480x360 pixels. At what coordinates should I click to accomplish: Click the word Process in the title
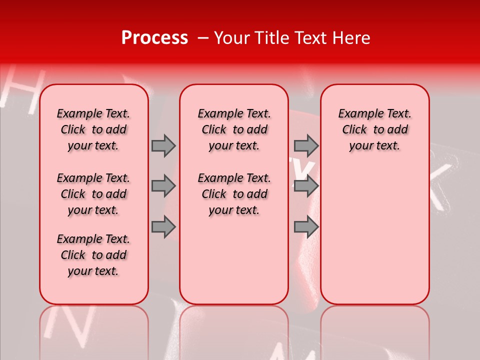(154, 38)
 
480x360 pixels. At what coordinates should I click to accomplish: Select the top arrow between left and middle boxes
(163, 145)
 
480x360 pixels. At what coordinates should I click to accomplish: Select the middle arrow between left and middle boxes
(163, 186)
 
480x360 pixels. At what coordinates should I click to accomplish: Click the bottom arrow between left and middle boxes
(163, 227)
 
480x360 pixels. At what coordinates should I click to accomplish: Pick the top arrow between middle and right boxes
(306, 145)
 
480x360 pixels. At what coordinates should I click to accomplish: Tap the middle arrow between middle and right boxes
(306, 186)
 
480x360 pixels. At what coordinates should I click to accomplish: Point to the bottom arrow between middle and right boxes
(306, 227)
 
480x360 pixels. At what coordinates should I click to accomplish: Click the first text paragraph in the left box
(93, 129)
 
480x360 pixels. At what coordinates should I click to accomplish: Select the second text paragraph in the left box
(93, 194)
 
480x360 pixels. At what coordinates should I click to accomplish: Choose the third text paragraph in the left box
(93, 255)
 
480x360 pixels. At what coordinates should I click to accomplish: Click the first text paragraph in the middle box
(234, 129)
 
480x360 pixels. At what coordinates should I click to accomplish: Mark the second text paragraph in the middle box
(234, 194)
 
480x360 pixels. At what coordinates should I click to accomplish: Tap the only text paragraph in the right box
(374, 129)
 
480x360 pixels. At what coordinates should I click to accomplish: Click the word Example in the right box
(356, 114)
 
